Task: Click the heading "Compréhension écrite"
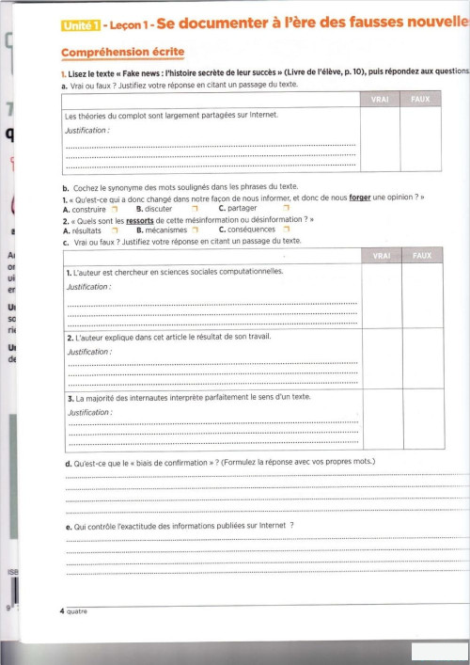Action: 122,53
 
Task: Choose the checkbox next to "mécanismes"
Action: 195,230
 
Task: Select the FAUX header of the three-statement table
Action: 422,255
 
